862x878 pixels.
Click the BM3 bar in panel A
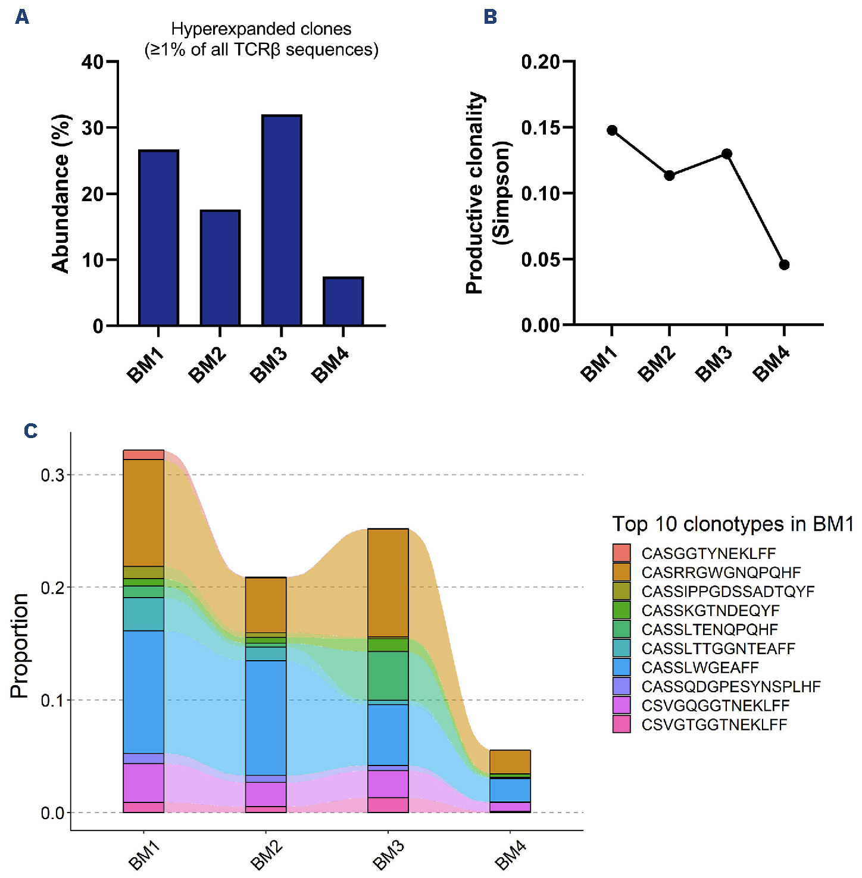coord(282,220)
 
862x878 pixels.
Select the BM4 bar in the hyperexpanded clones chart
coord(343,301)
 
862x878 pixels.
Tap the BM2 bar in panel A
coord(220,268)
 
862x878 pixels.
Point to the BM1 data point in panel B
coord(612,130)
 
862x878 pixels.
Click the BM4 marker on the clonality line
coord(784,265)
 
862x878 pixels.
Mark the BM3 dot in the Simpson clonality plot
coord(727,154)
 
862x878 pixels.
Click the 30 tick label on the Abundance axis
coord(92,128)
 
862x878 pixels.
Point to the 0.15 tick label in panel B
coord(541,128)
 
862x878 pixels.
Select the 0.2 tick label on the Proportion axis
coord(53,588)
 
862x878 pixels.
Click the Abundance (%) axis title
coord(61,193)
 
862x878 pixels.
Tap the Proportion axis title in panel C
coord(20,646)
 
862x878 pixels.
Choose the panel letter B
coord(491,17)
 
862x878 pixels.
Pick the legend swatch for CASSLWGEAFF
coord(621,667)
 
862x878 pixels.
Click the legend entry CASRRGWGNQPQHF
coord(721,573)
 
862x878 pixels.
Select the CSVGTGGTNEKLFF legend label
coord(714,724)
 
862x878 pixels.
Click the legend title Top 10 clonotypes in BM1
coord(733,524)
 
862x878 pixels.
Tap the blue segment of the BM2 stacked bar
coord(266,717)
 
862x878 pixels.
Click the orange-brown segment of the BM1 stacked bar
coord(143,513)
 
